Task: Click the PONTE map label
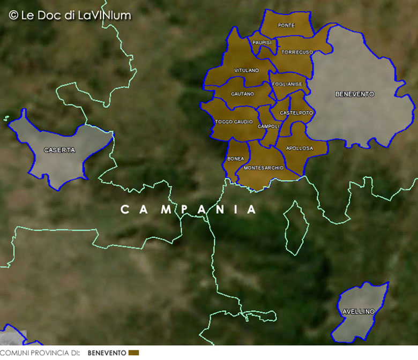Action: coord(286,25)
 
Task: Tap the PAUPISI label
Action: coord(262,42)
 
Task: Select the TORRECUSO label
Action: coord(297,52)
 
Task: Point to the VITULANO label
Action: coord(247,70)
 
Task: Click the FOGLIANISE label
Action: coord(287,84)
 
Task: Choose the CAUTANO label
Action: coord(242,94)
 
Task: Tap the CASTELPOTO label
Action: coord(296,113)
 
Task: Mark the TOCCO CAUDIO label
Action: coord(234,122)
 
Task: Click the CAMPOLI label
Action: coord(269,126)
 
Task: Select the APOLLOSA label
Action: coord(300,148)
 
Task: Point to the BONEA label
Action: coord(236,159)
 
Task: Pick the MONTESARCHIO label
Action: coord(264,168)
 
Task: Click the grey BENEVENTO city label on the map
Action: coord(355,94)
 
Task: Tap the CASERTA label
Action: coord(59,150)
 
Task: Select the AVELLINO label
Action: coord(359,311)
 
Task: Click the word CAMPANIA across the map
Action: coord(189,209)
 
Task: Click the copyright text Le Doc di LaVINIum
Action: coord(70,15)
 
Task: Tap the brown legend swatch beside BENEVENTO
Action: coord(134,352)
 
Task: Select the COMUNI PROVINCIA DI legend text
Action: coord(40,352)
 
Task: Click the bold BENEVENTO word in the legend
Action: coord(107,352)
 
